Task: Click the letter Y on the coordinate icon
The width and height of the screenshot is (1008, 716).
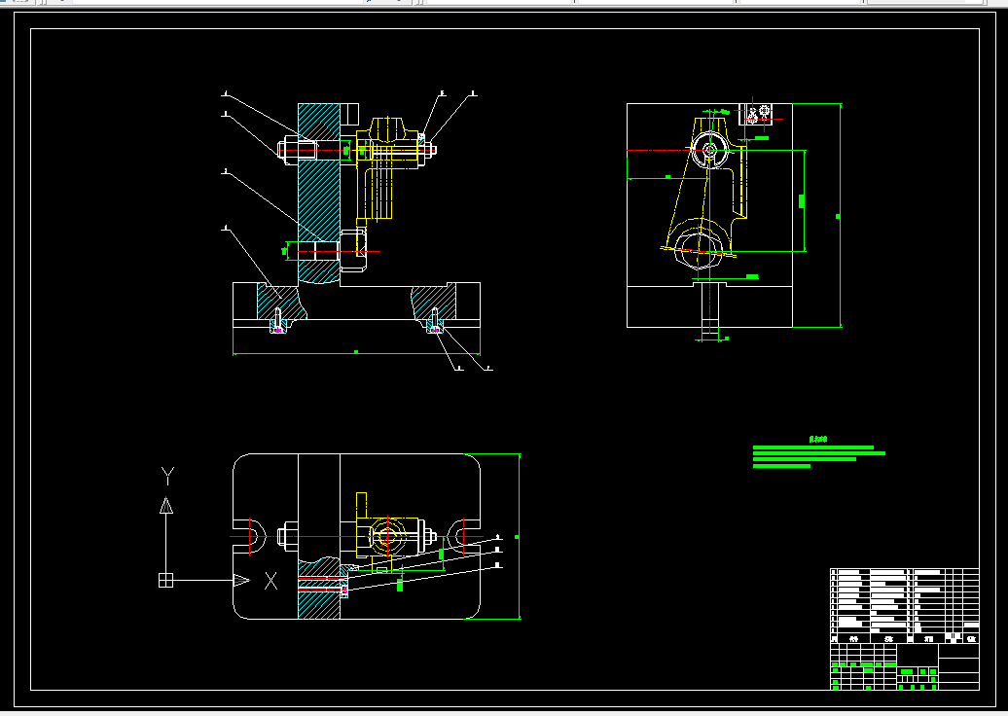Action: click(x=167, y=476)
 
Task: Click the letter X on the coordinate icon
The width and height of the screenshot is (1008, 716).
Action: click(x=271, y=581)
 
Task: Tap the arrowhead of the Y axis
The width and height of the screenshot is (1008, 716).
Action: click(x=166, y=505)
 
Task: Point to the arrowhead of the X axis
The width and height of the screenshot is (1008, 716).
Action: click(x=240, y=581)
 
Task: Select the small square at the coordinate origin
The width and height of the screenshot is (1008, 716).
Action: click(x=165, y=581)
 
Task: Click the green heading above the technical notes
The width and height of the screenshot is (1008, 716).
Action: click(x=818, y=439)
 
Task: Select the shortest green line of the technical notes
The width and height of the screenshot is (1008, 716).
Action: click(x=781, y=466)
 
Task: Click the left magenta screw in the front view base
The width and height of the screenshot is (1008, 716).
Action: click(x=278, y=329)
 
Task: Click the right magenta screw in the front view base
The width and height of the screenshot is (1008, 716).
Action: click(x=435, y=329)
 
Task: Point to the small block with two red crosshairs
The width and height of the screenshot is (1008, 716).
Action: click(x=757, y=115)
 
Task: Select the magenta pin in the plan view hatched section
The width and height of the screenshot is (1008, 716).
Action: click(x=344, y=589)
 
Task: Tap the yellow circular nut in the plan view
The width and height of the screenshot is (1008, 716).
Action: click(x=387, y=535)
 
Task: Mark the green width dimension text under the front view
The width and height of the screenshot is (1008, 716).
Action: click(x=356, y=351)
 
